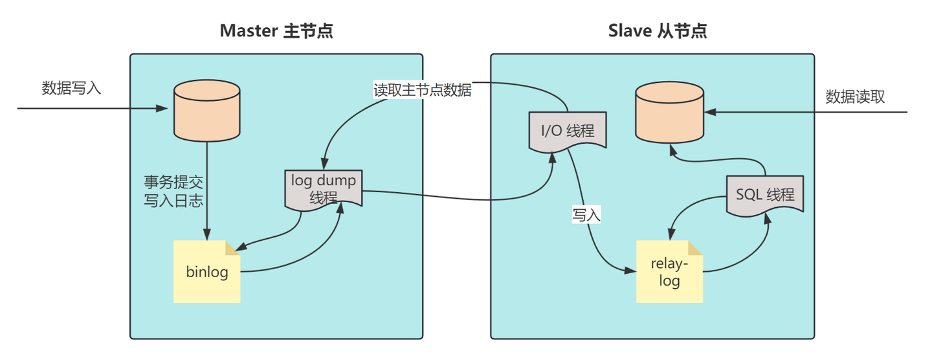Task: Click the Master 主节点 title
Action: click(x=276, y=30)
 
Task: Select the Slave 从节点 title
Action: click(x=657, y=30)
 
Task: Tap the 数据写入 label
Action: click(x=71, y=88)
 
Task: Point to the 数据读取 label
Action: click(x=854, y=97)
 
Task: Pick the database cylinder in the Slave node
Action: click(x=669, y=111)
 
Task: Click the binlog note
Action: click(x=207, y=272)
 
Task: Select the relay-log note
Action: click(x=669, y=272)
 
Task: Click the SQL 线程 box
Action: click(x=765, y=195)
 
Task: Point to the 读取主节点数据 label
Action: click(x=422, y=90)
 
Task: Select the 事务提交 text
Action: click(x=173, y=183)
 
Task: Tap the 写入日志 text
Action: click(x=173, y=201)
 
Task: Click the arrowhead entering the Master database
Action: click(x=164, y=108)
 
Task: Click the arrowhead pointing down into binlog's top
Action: click(x=207, y=236)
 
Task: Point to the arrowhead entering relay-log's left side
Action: click(x=630, y=271)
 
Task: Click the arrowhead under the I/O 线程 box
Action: click(x=551, y=158)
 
